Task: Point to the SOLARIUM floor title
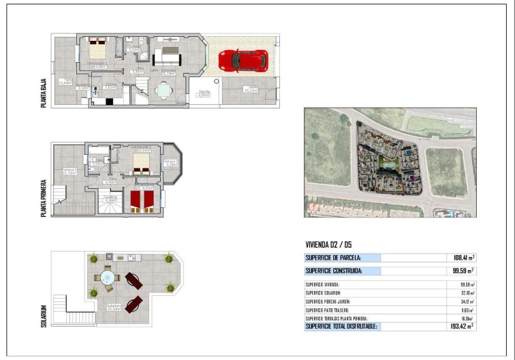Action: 44,315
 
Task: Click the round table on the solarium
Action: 108,277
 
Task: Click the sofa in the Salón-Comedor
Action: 168,54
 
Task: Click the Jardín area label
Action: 252,89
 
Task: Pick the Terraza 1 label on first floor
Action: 69,170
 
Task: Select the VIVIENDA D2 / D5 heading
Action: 328,245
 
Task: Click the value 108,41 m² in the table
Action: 463,258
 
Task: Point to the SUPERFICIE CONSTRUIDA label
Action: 333,271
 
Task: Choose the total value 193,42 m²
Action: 463,327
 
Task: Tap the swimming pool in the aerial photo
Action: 387,164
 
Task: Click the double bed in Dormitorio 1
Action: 96,49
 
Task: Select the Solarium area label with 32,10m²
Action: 113,307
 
